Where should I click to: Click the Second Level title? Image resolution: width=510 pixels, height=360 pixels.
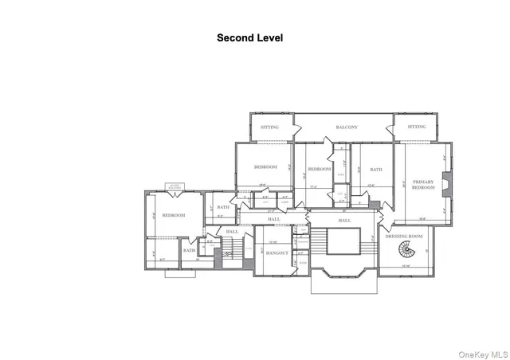[249, 37]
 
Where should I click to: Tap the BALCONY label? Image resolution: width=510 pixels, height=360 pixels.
[346, 127]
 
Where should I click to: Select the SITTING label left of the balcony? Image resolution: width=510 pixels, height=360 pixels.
[272, 127]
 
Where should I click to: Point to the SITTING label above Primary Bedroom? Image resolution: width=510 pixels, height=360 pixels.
[416, 127]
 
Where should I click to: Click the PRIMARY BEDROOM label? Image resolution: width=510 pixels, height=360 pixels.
[423, 186]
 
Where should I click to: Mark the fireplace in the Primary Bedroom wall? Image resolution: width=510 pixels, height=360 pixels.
[447, 182]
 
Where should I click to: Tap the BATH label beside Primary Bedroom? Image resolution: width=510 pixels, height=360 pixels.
[375, 169]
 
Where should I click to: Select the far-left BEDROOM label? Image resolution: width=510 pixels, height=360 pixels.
[174, 215]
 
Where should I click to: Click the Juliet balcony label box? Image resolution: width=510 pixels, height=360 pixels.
[173, 187]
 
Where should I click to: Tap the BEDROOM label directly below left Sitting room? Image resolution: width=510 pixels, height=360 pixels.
[265, 166]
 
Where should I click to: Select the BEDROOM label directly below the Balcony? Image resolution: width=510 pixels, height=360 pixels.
[319, 169]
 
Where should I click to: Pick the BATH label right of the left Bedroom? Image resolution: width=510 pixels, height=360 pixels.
[223, 208]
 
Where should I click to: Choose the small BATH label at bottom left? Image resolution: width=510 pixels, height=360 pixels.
[190, 251]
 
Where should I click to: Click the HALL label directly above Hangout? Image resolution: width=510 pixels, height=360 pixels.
[274, 220]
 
